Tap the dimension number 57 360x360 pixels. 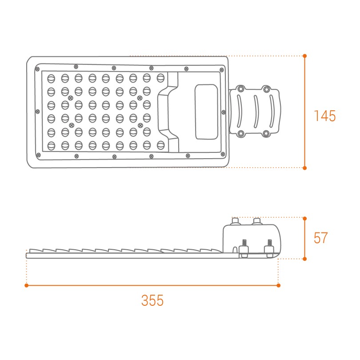pos(320,238)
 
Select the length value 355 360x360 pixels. pos(152,300)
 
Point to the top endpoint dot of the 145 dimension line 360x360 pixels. pos(305,56)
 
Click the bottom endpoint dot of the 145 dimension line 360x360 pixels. pos(305,168)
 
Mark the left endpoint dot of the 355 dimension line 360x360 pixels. pos(27,285)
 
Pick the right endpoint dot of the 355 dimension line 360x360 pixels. pos(279,285)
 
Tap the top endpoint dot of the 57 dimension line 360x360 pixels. pos(305,218)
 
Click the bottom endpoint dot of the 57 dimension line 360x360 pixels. pos(305,258)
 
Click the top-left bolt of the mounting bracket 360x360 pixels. pos(240,89)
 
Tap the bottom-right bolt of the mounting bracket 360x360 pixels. pos(266,133)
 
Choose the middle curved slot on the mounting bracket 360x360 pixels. pos(256,111)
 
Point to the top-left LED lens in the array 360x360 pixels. pos(51,78)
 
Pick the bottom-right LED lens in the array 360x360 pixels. pos(161,145)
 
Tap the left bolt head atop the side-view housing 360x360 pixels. pos(235,220)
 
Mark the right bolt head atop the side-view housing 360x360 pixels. pos(256,220)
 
